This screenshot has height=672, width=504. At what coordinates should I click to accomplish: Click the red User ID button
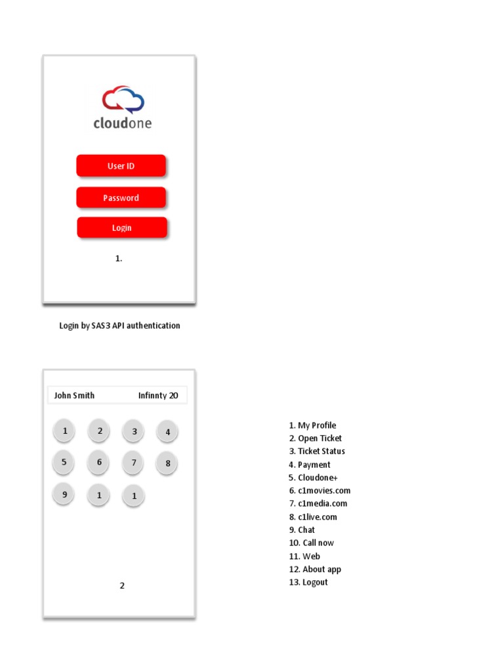(121, 166)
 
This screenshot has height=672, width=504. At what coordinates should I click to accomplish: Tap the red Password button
(121, 198)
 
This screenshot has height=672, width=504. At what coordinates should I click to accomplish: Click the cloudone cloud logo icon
(123, 100)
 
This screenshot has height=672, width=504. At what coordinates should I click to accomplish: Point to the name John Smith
(74, 395)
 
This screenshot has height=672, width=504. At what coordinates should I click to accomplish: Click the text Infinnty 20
(157, 395)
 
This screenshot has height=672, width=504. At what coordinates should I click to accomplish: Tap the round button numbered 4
(167, 432)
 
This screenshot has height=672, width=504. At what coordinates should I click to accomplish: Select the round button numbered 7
(134, 463)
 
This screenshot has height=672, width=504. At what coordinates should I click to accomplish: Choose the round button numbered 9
(64, 494)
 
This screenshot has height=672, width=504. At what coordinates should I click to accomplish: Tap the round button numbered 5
(64, 462)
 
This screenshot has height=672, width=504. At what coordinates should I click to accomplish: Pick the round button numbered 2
(100, 431)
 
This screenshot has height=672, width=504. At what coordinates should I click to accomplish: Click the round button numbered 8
(167, 463)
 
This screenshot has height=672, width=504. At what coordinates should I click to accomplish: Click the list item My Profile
(312, 425)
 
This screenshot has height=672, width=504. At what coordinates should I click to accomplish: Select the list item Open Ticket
(315, 438)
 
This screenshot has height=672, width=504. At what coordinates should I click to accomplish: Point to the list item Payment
(310, 465)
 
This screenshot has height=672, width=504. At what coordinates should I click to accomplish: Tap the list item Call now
(311, 543)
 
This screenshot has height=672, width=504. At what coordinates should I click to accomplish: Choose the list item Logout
(308, 582)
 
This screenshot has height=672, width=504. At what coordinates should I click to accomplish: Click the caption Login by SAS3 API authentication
(119, 325)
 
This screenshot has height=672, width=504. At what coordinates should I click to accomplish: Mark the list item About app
(315, 569)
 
